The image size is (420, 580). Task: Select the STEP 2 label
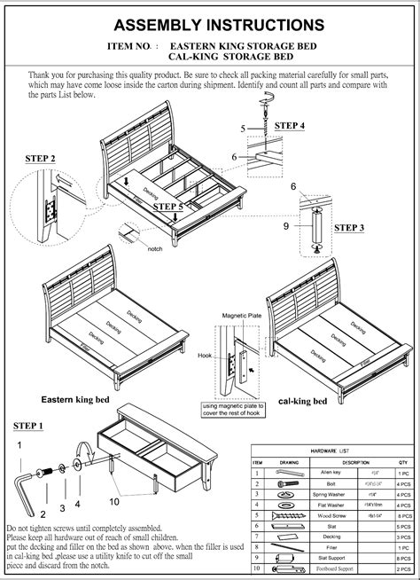[x=41, y=159]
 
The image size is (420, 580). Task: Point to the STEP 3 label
[x=349, y=228]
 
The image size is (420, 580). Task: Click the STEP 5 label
[x=167, y=207]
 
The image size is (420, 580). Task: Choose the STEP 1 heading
[x=27, y=427]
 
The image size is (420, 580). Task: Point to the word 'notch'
[x=154, y=248]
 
